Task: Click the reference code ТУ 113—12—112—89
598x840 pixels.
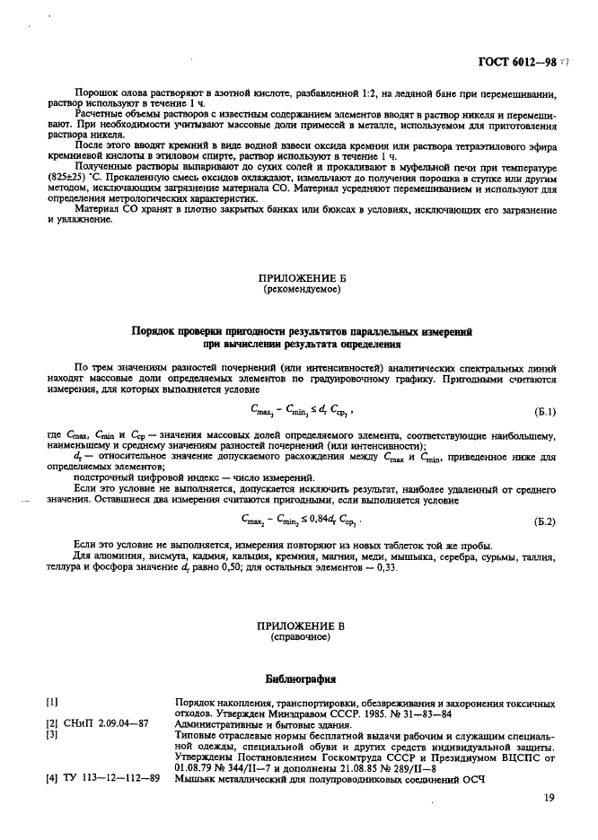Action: [103, 777]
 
